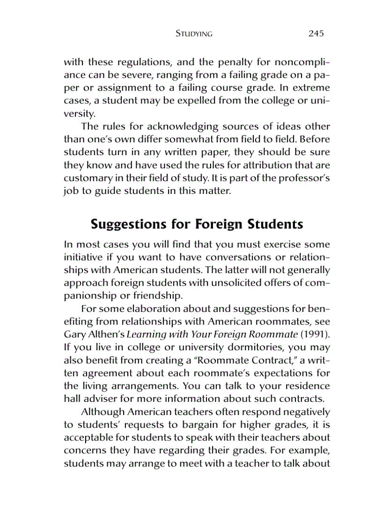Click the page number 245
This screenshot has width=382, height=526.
(x=316, y=34)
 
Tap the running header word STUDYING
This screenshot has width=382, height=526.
(x=194, y=34)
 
